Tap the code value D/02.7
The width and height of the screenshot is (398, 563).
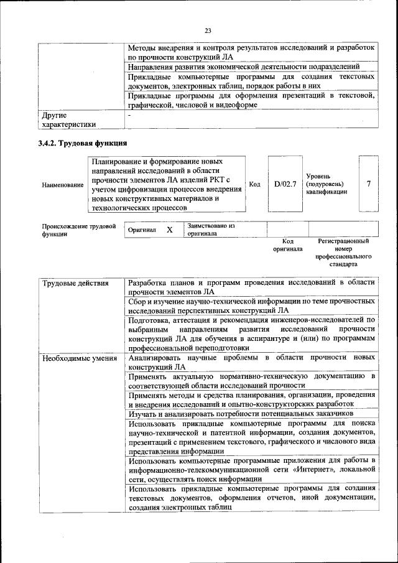click(x=285, y=185)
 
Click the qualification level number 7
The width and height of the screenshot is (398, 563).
click(x=369, y=184)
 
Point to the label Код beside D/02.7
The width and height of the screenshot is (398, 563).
click(x=254, y=185)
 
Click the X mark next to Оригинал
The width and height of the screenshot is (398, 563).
click(x=169, y=230)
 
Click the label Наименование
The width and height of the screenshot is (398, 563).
click(x=62, y=185)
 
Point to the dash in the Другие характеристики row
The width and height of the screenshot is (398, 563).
click(x=129, y=115)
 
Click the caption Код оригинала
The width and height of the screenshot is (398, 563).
click(x=287, y=244)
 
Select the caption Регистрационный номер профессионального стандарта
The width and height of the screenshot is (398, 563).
click(x=343, y=252)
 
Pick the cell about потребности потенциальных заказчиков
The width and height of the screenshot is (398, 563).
click(x=241, y=413)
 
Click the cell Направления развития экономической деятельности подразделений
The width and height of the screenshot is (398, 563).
click(x=244, y=67)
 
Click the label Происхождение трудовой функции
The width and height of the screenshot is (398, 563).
click(x=79, y=230)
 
